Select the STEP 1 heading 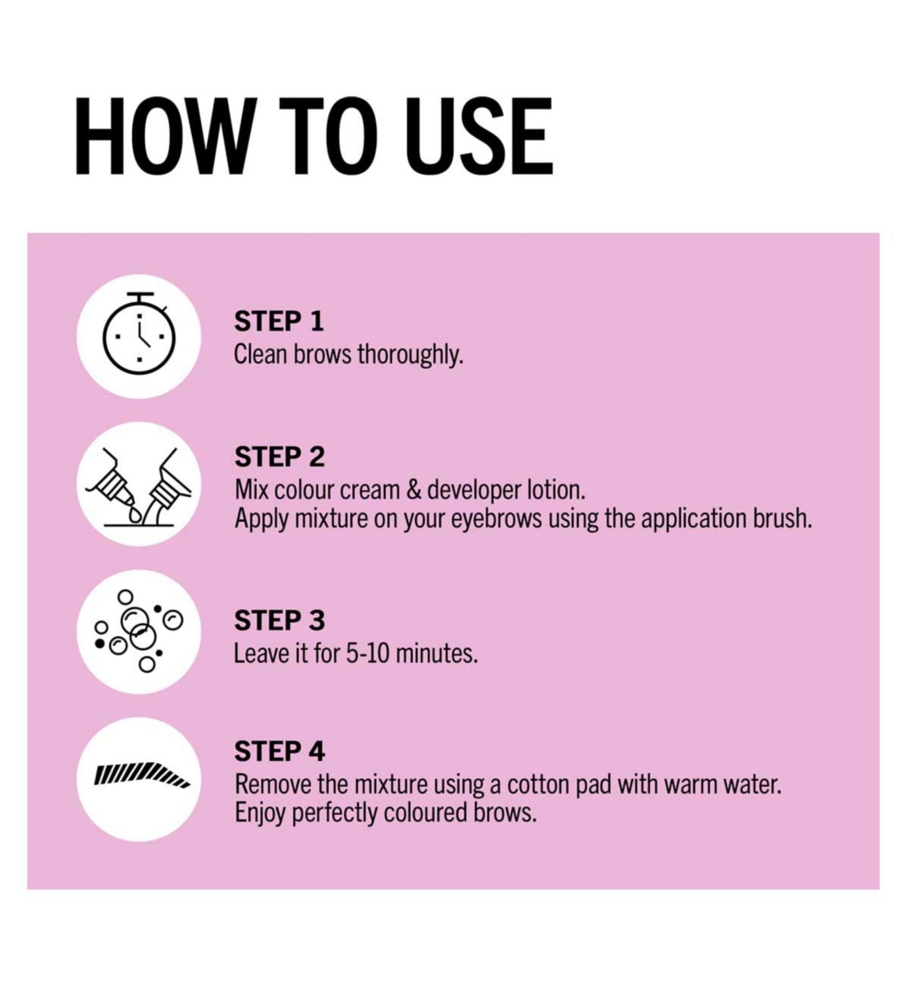click(279, 321)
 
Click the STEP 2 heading click(280, 457)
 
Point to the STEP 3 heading click(280, 621)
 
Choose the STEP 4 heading click(280, 751)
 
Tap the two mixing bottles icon click(139, 486)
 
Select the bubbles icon click(139, 631)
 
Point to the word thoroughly click(411, 355)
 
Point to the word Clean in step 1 click(260, 355)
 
